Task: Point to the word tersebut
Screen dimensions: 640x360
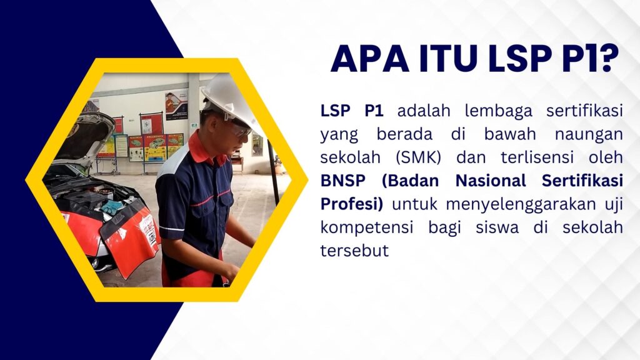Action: click(354, 251)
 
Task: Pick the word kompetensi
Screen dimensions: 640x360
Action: click(367, 227)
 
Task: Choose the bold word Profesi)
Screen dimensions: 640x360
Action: click(352, 204)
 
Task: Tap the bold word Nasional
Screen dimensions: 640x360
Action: click(491, 181)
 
